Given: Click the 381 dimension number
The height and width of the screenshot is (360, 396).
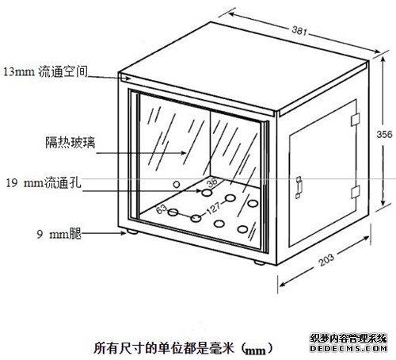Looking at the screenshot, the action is pyautogui.click(x=299, y=31).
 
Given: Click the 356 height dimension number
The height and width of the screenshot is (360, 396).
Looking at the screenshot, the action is pyautogui.click(x=384, y=134).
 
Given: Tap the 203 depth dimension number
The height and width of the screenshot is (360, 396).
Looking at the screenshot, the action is pyautogui.click(x=326, y=259).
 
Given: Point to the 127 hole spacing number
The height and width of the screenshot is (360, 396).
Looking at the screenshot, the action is pyautogui.click(x=213, y=208).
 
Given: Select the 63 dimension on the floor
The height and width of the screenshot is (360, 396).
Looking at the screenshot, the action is pyautogui.click(x=162, y=209).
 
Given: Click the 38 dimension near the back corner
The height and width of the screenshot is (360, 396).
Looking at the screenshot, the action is pyautogui.click(x=212, y=182).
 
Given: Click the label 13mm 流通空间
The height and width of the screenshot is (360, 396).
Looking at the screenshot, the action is pyautogui.click(x=45, y=72).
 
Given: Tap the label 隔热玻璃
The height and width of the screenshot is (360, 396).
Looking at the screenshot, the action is pyautogui.click(x=70, y=142).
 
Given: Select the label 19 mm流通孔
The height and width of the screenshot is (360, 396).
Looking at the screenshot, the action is pyautogui.click(x=44, y=182).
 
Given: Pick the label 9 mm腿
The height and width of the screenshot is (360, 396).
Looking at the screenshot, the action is pyautogui.click(x=59, y=234).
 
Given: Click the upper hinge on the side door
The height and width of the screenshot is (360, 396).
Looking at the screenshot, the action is pyautogui.click(x=356, y=120).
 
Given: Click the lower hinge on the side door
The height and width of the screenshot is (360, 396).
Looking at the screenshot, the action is pyautogui.click(x=356, y=192).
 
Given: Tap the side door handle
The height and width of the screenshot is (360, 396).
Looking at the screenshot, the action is pyautogui.click(x=299, y=187).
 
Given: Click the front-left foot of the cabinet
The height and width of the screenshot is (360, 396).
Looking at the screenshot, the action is pyautogui.click(x=132, y=232).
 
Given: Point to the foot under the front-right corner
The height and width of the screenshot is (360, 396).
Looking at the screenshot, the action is pyautogui.click(x=259, y=262).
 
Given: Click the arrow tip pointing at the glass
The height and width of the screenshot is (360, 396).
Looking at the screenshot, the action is pyautogui.click(x=186, y=153).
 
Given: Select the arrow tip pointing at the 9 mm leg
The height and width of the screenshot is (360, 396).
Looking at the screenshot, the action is pyautogui.click(x=126, y=233).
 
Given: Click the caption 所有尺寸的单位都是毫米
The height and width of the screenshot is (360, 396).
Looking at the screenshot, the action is pyautogui.click(x=164, y=348).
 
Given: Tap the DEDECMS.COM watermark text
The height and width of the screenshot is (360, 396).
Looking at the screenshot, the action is pyautogui.click(x=348, y=349).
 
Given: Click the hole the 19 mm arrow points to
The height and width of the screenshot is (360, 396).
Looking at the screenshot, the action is pyautogui.click(x=207, y=193).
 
